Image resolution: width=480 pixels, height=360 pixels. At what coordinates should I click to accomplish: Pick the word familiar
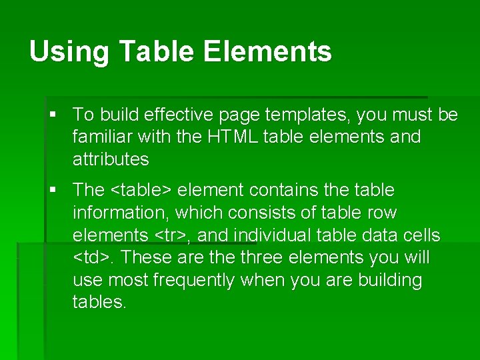point(103,137)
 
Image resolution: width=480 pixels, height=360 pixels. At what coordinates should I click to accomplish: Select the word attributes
point(111,159)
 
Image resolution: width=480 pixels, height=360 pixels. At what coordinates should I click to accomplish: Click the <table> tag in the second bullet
point(141,190)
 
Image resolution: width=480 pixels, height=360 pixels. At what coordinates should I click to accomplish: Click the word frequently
point(193,280)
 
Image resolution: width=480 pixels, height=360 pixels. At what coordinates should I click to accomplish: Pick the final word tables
point(99,302)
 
